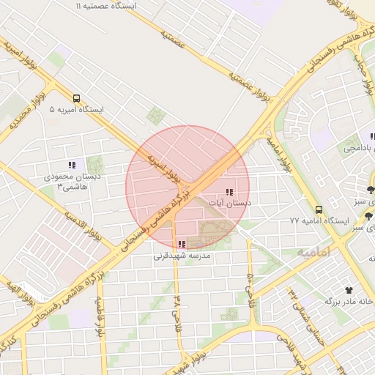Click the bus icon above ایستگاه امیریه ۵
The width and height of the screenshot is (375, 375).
point(77,98)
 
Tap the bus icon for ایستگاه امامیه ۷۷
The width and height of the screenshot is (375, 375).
point(318,209)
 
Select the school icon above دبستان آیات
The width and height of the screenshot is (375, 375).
point(229,192)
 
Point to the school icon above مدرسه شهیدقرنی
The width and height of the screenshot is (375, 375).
point(182,245)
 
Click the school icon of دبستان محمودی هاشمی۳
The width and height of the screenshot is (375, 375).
point(71,166)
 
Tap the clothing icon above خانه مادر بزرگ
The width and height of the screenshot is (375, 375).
point(359,290)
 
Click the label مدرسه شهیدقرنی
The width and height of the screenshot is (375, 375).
point(182,256)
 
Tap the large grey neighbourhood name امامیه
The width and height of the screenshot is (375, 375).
point(314,251)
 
